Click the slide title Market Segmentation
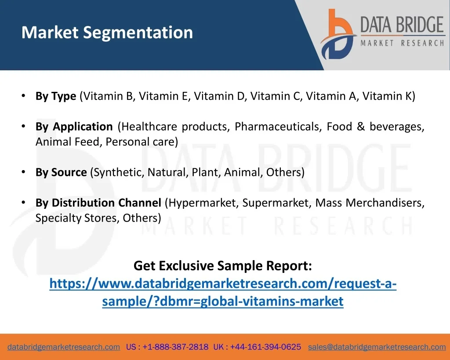pos(107,33)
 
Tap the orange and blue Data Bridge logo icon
pos(338,34)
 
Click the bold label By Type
pos(56,96)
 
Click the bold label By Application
pos(74,127)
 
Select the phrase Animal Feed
pos(67,142)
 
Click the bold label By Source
pos(61,172)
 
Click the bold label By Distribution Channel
pos(98,203)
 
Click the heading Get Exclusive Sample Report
pos(223,265)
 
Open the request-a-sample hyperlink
pos(223,292)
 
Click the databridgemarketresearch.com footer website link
pos(64,347)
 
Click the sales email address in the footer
pos(377,347)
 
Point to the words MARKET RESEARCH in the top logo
pos(403,44)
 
